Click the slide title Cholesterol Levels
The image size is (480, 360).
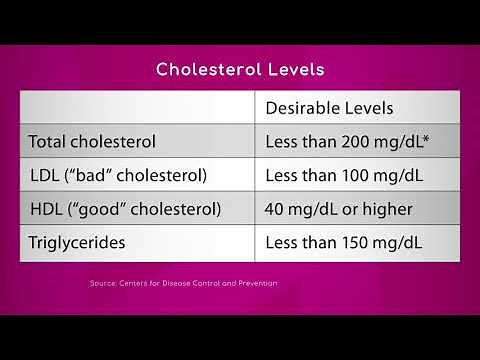[239, 70]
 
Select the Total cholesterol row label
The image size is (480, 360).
[93, 141]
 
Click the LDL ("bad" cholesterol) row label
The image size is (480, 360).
[118, 175]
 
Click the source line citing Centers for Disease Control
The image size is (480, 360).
[182, 283]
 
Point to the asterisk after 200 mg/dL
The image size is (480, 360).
[426, 138]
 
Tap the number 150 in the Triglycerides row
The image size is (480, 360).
[354, 243]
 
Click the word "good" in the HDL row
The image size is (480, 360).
[99, 209]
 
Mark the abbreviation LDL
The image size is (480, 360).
[45, 175]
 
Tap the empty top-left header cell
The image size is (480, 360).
[138, 107]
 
